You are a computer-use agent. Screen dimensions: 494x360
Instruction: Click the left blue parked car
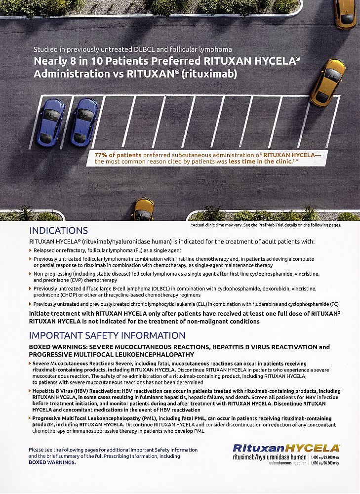coord(50,122)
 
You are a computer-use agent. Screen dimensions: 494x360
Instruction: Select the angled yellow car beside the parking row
coord(328,82)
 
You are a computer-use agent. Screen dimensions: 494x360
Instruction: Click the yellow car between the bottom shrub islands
coord(143,209)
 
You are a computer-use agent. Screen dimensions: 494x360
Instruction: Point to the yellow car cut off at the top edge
coord(345,14)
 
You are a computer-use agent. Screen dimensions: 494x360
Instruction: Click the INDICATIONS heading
coord(59,231)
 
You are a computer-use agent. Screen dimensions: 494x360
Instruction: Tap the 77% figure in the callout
coord(102,155)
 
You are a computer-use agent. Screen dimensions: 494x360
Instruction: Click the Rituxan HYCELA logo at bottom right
coord(286,448)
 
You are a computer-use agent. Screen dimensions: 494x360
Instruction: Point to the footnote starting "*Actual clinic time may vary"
coord(266,225)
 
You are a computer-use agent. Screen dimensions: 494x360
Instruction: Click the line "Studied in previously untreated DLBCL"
coord(132,50)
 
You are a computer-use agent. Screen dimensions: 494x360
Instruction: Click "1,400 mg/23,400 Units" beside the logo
coord(324,457)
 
